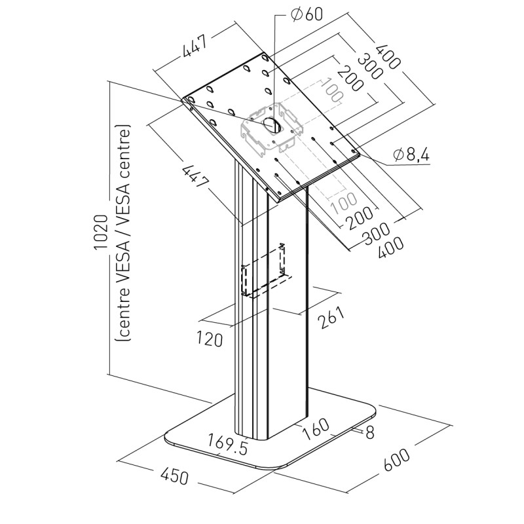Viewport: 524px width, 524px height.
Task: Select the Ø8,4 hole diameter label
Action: click(x=411, y=155)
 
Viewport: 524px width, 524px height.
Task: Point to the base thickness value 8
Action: click(x=369, y=432)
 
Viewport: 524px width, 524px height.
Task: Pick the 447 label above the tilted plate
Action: click(x=194, y=48)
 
